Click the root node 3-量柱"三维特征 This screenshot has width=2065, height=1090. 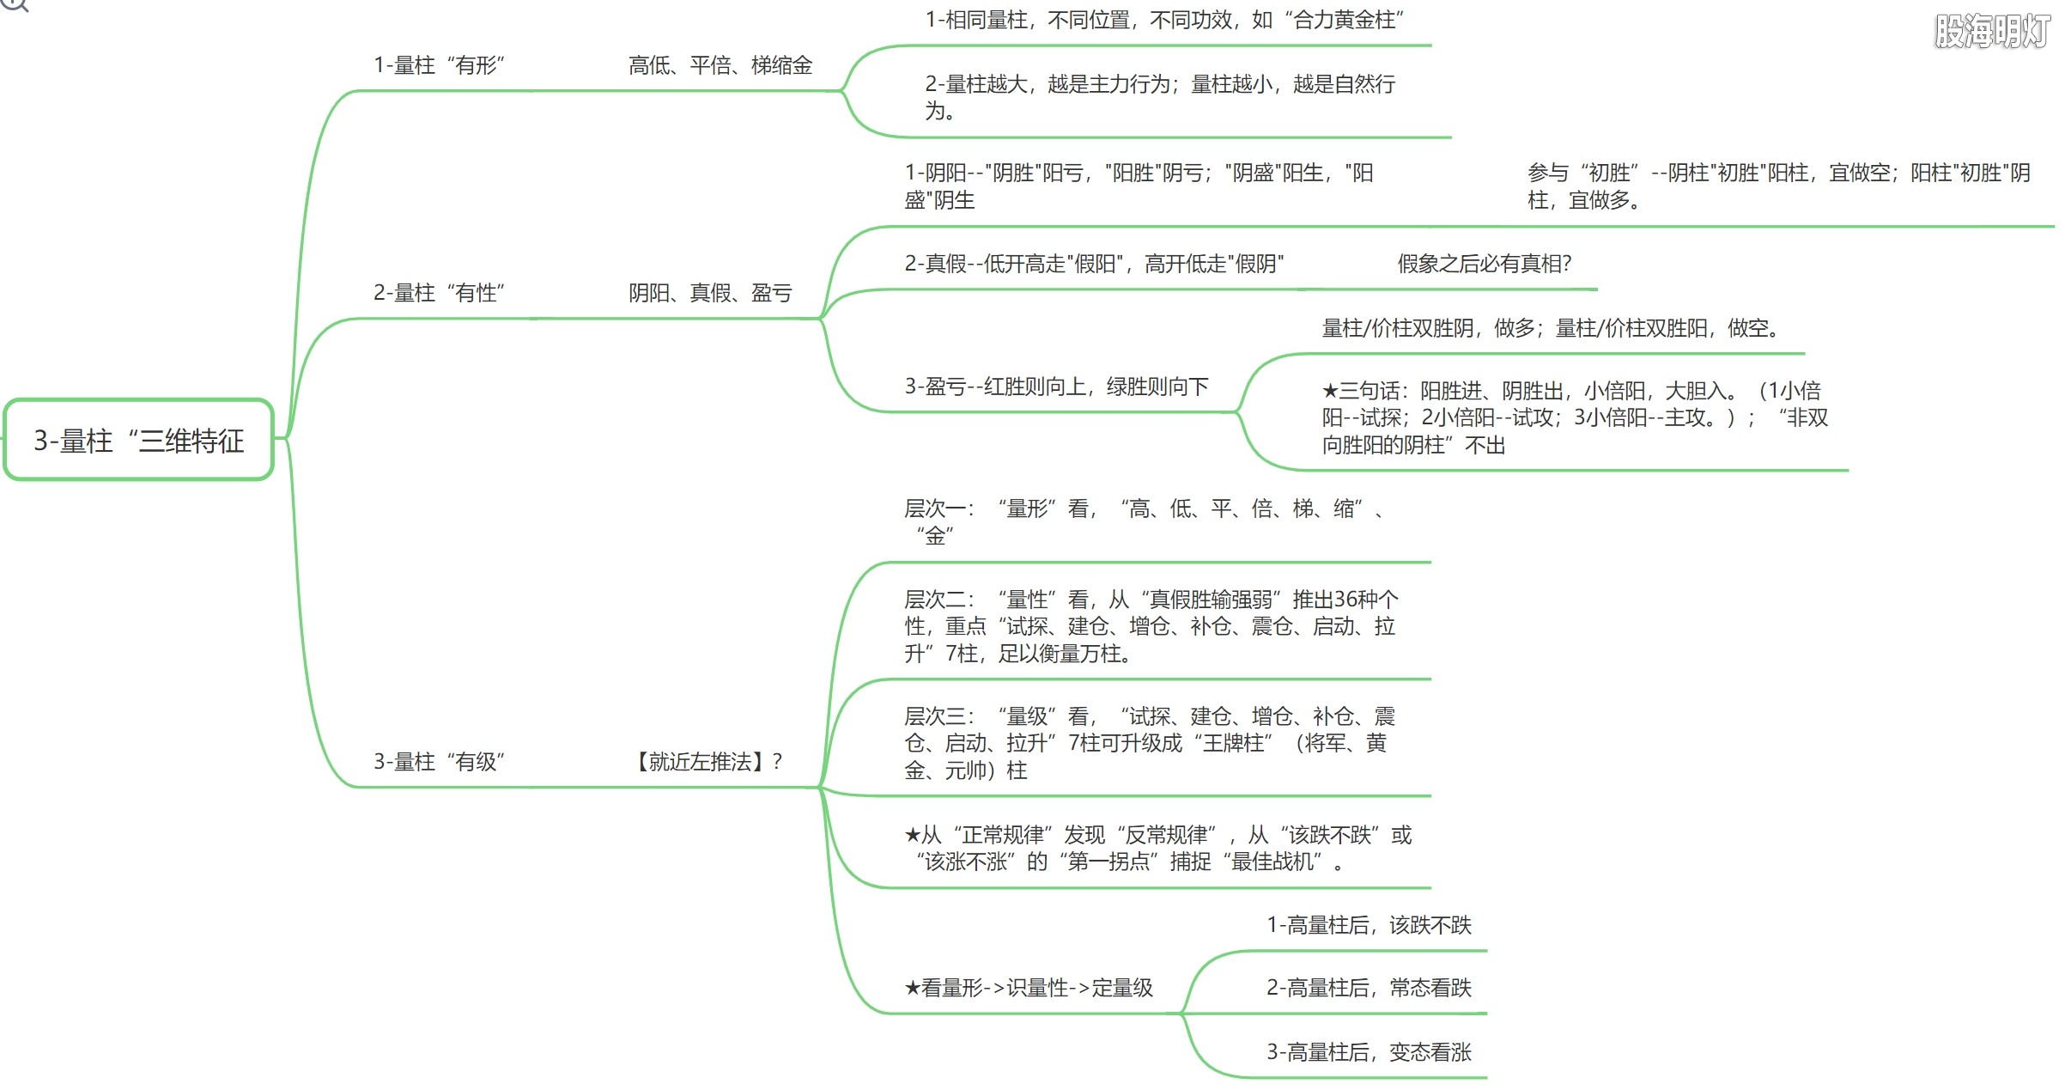tap(138, 440)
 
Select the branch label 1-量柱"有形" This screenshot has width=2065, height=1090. tap(439, 65)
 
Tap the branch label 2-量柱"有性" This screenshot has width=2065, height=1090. tap(439, 293)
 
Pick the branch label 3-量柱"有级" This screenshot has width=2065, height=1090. tap(439, 761)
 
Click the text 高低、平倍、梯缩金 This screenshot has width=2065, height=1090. tap(720, 65)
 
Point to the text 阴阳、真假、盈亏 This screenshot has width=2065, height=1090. tap(710, 293)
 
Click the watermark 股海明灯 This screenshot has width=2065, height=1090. tap(1993, 31)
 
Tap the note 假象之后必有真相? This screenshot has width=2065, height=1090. tap(1485, 264)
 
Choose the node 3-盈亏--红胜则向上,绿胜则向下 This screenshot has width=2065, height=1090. tap(1056, 387)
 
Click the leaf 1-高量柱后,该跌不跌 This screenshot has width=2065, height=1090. tap(1369, 925)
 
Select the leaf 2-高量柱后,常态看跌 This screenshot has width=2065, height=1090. tap(1369, 988)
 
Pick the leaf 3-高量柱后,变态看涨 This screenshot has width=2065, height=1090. tap(1369, 1052)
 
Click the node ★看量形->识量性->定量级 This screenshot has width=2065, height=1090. tap(1029, 988)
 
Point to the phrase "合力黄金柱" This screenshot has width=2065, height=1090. tap(1345, 20)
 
